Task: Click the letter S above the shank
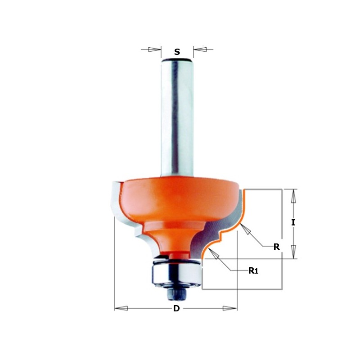coord(177,52)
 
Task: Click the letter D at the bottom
coord(176,309)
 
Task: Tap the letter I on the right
coord(293,222)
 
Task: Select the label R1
coord(253,270)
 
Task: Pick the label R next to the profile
coord(277,246)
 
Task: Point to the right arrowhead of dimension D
coord(230,309)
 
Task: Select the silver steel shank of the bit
coord(177,117)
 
